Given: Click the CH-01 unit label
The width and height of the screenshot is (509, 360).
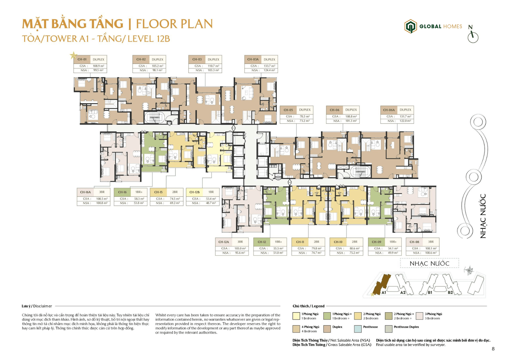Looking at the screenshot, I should click(82, 59).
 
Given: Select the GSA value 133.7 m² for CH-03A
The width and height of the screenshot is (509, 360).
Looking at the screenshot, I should click(269, 66).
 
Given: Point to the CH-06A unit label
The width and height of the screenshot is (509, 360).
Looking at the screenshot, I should click(389, 110).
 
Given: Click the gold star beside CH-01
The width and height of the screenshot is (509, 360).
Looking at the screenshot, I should click(73, 55).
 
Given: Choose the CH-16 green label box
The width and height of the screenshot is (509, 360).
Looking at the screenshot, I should click(122, 192).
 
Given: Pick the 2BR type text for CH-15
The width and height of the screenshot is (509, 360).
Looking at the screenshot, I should click(175, 192).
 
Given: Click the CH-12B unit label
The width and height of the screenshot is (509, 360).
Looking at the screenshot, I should click(194, 192).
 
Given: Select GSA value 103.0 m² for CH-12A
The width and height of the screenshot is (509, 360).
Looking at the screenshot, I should click(240, 248).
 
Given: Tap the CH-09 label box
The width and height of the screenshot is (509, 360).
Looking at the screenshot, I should click(376, 242).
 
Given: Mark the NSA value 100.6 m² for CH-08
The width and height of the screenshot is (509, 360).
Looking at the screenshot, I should click(431, 253).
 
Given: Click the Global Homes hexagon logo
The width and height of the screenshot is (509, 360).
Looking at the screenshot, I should click(410, 27).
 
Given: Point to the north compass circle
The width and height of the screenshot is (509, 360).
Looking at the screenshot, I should click(473, 37).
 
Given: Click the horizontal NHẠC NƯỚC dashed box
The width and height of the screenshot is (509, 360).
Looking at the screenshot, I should click(429, 264).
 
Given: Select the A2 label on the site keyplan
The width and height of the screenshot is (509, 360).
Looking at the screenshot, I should click(403, 292).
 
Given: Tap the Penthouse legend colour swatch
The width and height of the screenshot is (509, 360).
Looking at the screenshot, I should click(358, 329).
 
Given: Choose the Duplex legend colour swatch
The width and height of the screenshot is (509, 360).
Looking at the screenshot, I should click(327, 329).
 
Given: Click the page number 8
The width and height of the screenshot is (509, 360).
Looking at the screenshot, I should click(493, 349).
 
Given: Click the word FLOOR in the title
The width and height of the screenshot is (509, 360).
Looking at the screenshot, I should click(155, 24).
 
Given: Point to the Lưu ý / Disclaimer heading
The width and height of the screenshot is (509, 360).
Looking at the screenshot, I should click(37, 306).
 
